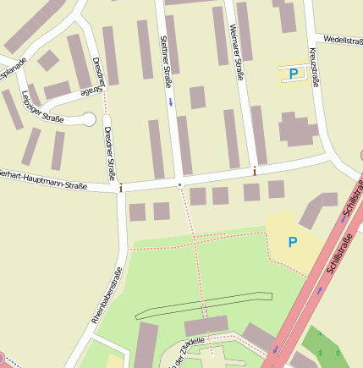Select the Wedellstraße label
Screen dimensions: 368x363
pyautogui.click(x=342, y=39)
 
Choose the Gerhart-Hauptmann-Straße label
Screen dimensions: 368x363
pyautogui.click(x=44, y=179)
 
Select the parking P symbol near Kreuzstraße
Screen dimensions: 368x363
pyautogui.click(x=294, y=74)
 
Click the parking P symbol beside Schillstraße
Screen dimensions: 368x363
pyautogui.click(x=293, y=243)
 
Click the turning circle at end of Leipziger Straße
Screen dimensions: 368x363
pyautogui.click(x=88, y=119)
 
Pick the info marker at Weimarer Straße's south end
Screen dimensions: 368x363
pyautogui.click(x=255, y=172)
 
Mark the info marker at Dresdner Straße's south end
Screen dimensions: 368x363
pyautogui.click(x=121, y=187)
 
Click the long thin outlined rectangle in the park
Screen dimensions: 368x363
pyautogui.click(x=203, y=306)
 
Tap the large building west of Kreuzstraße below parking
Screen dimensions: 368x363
pyautogui.click(x=295, y=130)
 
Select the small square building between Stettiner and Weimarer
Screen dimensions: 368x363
pyautogui.click(x=197, y=97)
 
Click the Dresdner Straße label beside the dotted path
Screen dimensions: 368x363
pyautogui.click(x=108, y=154)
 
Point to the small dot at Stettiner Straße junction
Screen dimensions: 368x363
pyautogui.click(x=179, y=183)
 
